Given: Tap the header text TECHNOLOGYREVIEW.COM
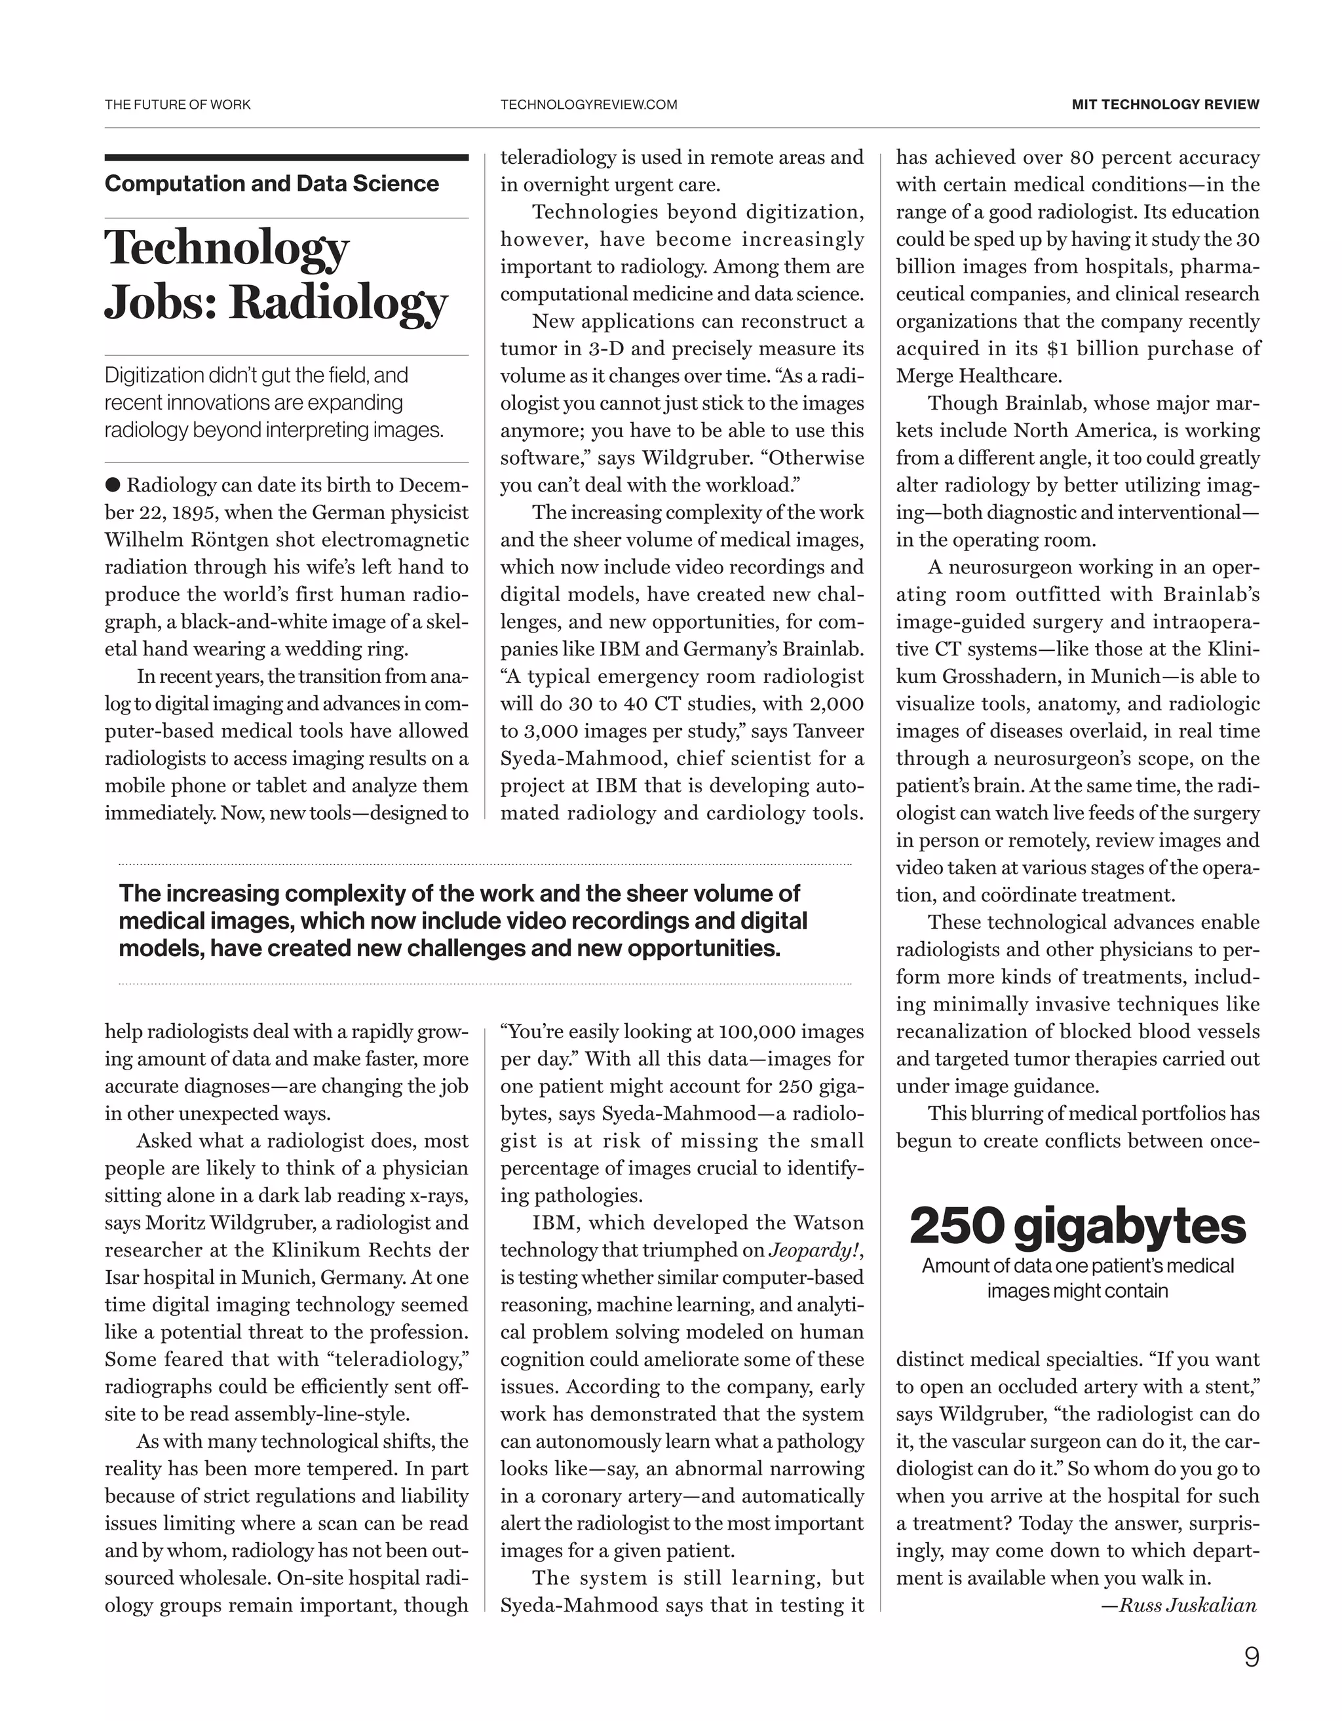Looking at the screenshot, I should (588, 104).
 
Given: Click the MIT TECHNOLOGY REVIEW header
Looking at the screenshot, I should (1164, 104).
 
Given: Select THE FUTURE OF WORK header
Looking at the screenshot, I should (178, 104).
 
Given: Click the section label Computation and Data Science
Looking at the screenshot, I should (271, 184).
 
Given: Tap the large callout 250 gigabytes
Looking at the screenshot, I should (1077, 1227).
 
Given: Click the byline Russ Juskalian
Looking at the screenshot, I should (1187, 1605).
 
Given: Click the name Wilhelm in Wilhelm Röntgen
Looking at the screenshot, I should (143, 540).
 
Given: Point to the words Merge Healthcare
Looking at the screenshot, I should (979, 376).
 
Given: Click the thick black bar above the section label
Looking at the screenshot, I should (286, 157).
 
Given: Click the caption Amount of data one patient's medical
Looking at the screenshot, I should (1077, 1266).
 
